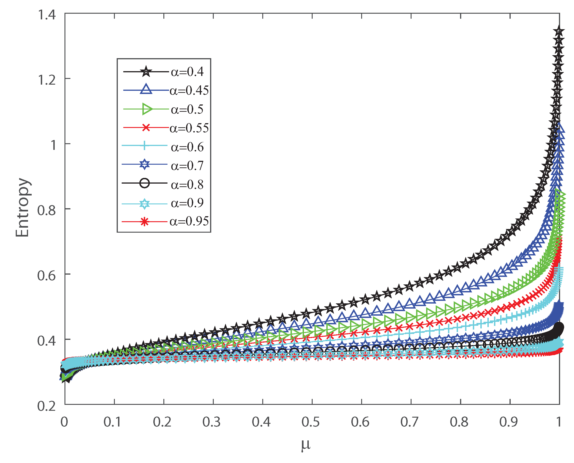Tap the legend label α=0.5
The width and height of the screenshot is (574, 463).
(x=187, y=109)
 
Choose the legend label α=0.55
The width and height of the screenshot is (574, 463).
(x=189, y=128)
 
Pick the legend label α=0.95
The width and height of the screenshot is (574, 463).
(x=189, y=221)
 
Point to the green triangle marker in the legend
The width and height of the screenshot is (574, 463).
(x=147, y=109)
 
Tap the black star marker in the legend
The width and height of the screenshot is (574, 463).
(x=146, y=71)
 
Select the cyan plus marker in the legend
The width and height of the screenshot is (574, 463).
(x=144, y=145)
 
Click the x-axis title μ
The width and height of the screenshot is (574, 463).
(x=306, y=444)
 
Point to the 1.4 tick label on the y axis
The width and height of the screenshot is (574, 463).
(x=47, y=14)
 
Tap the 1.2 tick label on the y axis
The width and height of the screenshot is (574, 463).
(x=47, y=80)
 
